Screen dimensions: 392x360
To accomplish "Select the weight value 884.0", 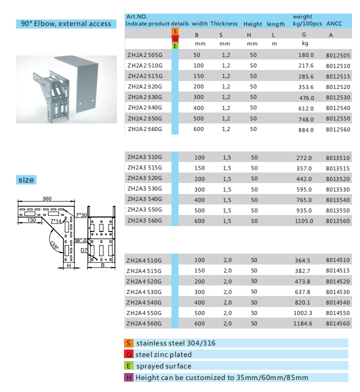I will point(305,130).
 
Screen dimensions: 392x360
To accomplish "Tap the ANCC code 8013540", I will point(337,200).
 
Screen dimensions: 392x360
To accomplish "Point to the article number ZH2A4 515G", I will point(144,271).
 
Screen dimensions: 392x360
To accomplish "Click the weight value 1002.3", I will point(303,312).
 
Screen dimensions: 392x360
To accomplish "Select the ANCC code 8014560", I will point(337,323).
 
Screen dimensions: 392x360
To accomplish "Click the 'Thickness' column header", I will point(224,24).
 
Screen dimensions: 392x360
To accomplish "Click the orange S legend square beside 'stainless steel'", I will point(129,343).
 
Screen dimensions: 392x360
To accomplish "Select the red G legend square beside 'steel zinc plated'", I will point(129,354).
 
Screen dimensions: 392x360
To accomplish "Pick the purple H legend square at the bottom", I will point(129,378).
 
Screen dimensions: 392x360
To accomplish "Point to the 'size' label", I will point(26,180).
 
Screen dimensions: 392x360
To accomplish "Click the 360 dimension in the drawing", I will point(46,198).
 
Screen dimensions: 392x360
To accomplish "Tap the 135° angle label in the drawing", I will point(54,245).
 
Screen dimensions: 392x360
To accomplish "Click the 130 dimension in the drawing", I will point(31,220).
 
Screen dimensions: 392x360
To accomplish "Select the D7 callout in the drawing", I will point(84,249).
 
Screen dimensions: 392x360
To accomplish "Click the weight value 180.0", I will point(305,55).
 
